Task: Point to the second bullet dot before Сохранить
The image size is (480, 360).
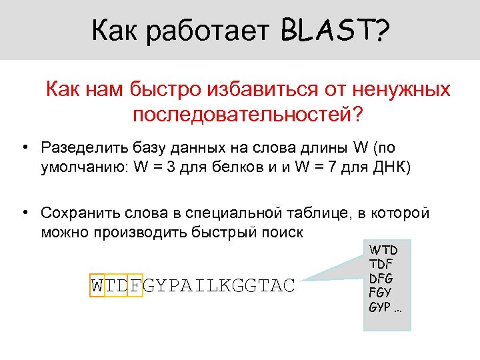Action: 24,213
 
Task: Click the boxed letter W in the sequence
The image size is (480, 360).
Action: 97,285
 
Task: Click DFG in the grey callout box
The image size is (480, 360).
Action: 382,279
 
